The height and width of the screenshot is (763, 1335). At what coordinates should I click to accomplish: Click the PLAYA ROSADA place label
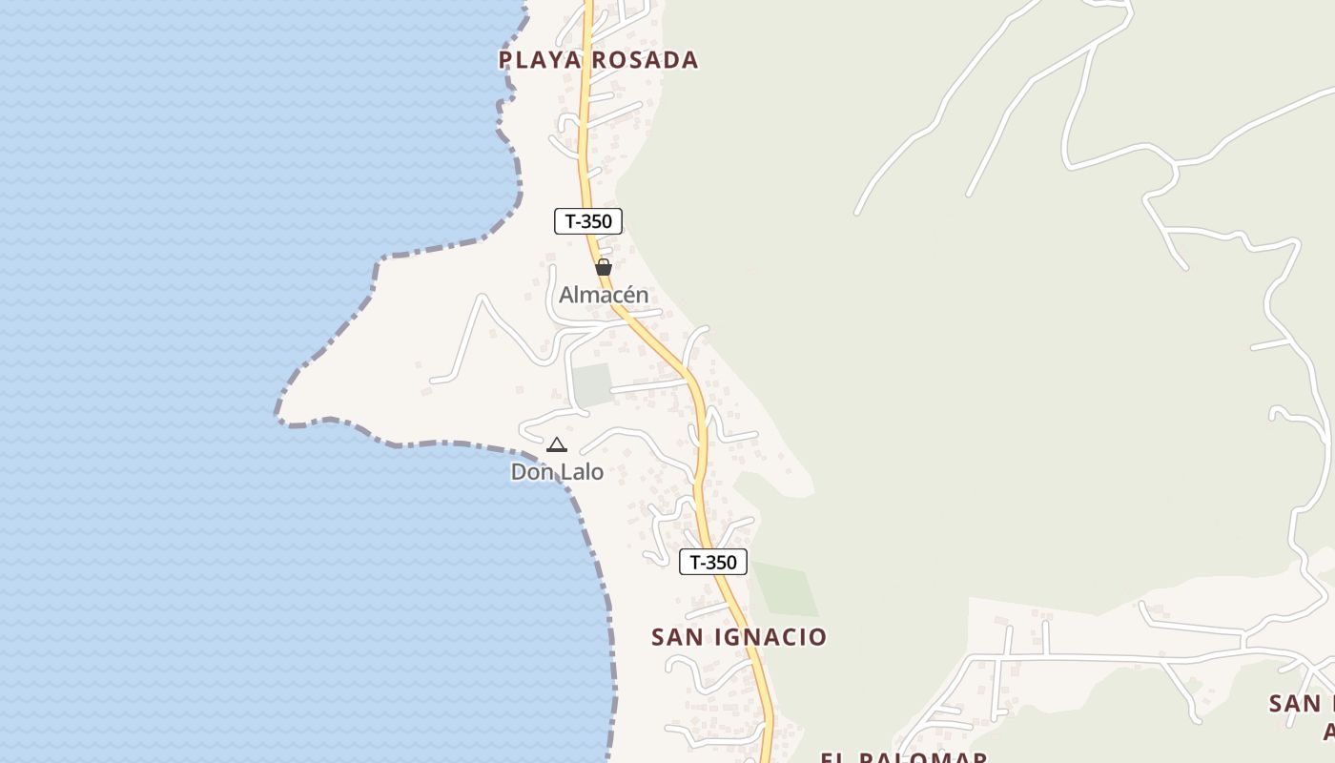point(598,60)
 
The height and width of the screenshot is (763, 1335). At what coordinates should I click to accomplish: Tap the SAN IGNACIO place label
point(739,637)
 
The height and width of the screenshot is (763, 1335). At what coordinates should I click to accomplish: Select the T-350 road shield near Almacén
point(588,221)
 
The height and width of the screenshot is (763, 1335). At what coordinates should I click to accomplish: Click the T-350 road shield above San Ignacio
point(713,562)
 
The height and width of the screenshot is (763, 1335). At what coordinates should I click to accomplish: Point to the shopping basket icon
point(603,267)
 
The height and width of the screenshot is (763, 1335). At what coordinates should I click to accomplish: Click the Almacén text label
point(604,296)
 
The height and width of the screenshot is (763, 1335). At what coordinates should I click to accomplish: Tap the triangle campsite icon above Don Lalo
point(557,444)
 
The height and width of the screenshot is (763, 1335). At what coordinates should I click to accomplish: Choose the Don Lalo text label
point(557,471)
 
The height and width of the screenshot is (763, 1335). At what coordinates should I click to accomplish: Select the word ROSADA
point(645,60)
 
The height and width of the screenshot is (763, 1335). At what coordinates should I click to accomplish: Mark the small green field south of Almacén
point(591,384)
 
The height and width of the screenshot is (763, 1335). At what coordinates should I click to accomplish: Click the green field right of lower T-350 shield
point(787,590)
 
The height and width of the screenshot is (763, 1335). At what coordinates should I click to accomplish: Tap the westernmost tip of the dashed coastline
point(277,417)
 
